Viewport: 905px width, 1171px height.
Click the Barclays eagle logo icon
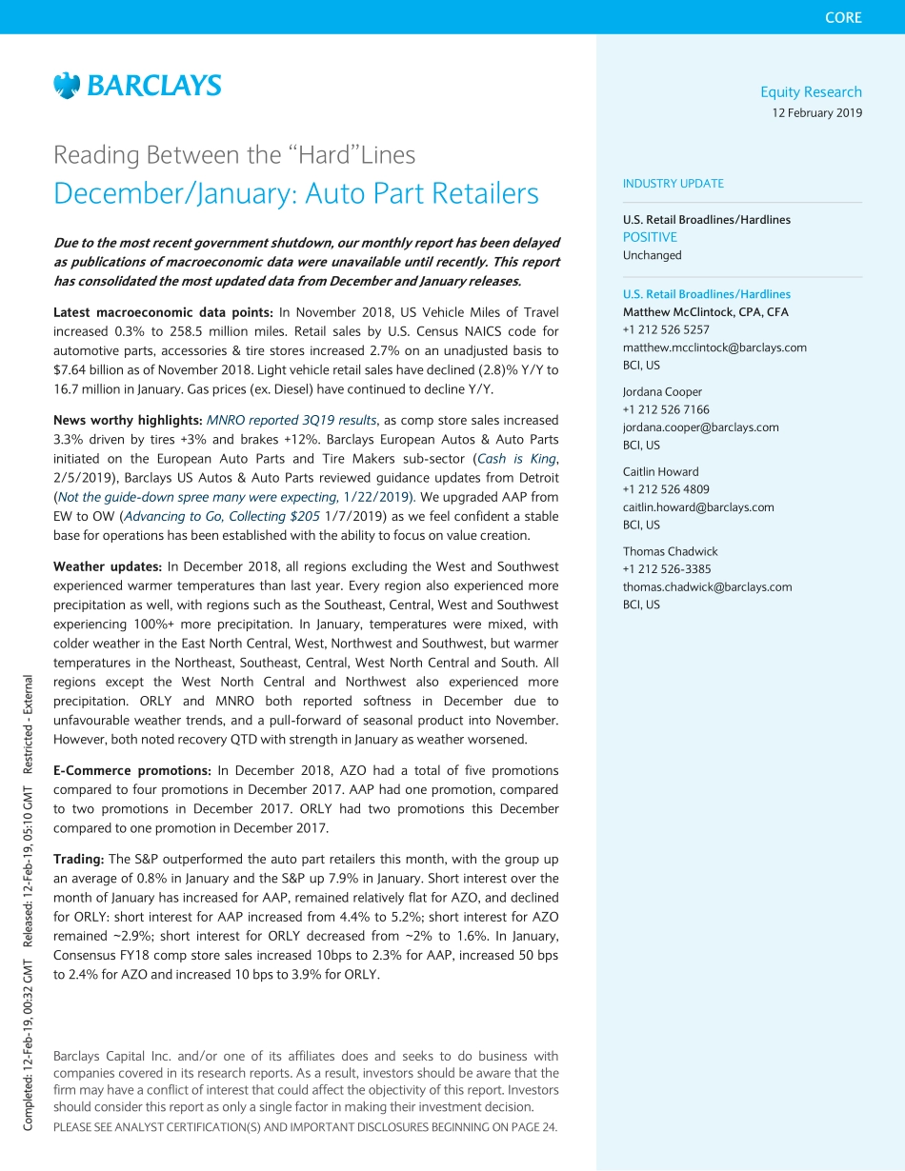tap(67, 86)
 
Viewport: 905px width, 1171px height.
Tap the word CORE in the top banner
tap(843, 17)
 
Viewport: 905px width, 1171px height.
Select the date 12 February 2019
tap(816, 113)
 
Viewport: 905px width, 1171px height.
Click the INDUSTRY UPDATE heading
tap(673, 184)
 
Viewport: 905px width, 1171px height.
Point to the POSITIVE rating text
tap(650, 237)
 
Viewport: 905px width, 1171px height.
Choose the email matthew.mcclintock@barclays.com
tap(714, 347)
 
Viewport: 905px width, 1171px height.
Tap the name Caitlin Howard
tap(660, 472)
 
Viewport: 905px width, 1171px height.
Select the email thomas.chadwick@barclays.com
tap(707, 586)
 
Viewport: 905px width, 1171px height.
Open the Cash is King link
tap(519, 458)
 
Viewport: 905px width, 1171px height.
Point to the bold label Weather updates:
tap(108, 567)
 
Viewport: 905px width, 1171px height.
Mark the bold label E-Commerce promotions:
tap(132, 771)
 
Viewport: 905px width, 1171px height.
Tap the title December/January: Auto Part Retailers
tap(296, 193)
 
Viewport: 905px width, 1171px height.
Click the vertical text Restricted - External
tap(29, 724)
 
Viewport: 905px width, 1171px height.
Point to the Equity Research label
tap(811, 92)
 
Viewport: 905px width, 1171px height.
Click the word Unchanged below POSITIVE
tap(652, 255)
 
